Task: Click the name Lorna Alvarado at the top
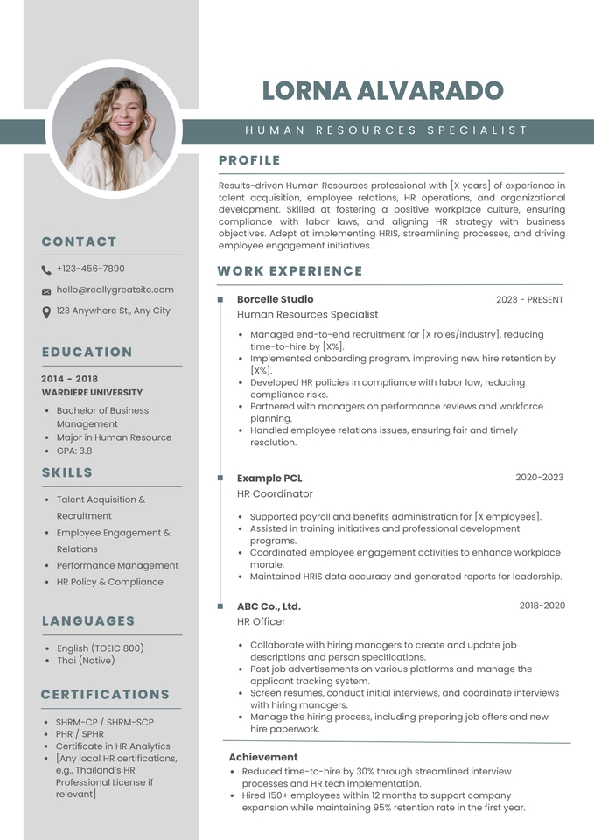pyautogui.click(x=382, y=90)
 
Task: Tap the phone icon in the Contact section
pyautogui.click(x=46, y=270)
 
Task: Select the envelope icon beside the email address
pyautogui.click(x=46, y=291)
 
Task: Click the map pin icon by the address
pyautogui.click(x=46, y=311)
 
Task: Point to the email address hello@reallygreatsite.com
pyautogui.click(x=115, y=290)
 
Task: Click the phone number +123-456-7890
pyautogui.click(x=90, y=269)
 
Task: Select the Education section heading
pyautogui.click(x=87, y=353)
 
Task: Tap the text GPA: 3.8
pyautogui.click(x=73, y=451)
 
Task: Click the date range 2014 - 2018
pyautogui.click(x=70, y=379)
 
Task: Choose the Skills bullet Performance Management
pyautogui.click(x=117, y=565)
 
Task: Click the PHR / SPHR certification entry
pyautogui.click(x=80, y=734)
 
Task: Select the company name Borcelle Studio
pyautogui.click(x=275, y=299)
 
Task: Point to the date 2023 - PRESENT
pyautogui.click(x=529, y=300)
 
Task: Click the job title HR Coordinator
pyautogui.click(x=275, y=493)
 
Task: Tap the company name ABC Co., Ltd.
pyautogui.click(x=269, y=605)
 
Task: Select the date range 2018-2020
pyautogui.click(x=542, y=605)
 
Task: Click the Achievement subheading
pyautogui.click(x=263, y=757)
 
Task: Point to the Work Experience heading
pyautogui.click(x=290, y=271)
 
